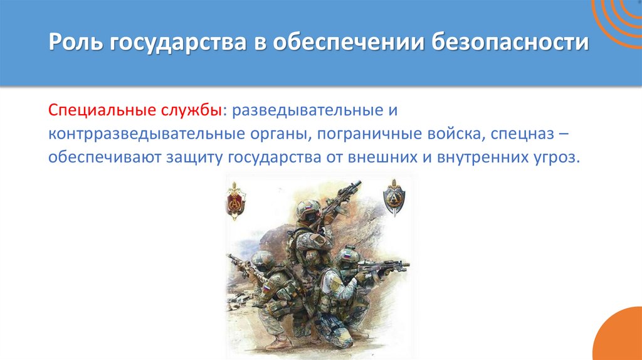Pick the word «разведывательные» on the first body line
305,110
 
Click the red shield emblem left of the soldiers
236,200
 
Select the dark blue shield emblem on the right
394,198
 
